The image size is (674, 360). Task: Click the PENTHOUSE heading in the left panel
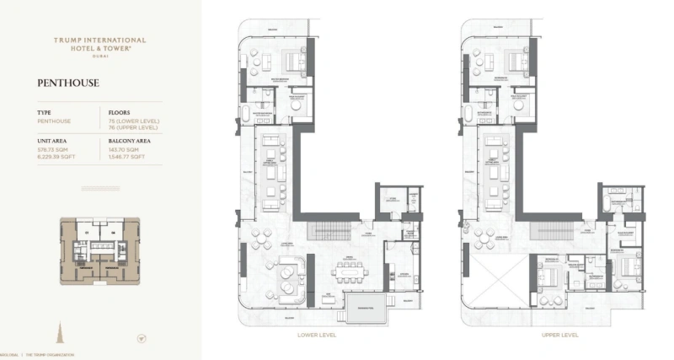[x=68, y=83]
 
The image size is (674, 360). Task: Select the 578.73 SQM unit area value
[x=54, y=149]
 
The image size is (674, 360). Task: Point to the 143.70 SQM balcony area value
[x=125, y=149]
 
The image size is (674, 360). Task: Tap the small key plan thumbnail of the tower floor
[x=100, y=247]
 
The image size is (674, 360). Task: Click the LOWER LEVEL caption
[x=316, y=335]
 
